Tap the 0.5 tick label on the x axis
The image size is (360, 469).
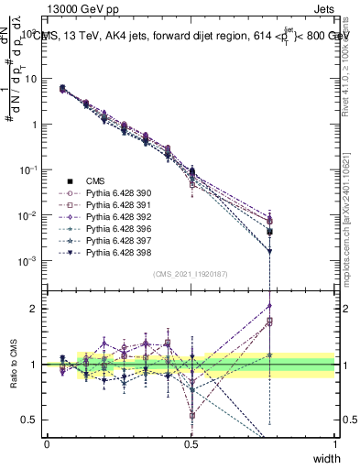tap(191, 444)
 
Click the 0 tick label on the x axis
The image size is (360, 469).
tap(47, 444)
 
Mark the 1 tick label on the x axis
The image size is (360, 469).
tap(335, 444)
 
